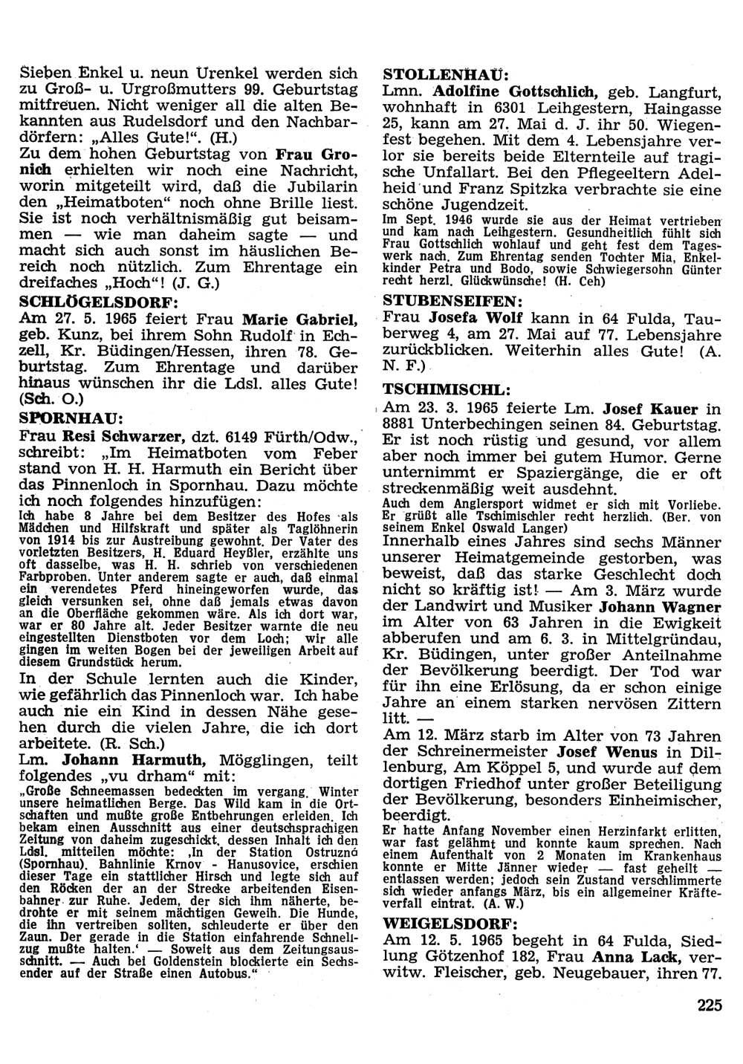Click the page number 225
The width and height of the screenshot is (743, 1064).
pyautogui.click(x=710, y=1007)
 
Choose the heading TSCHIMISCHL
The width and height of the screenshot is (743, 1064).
pyautogui.click(x=446, y=389)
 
